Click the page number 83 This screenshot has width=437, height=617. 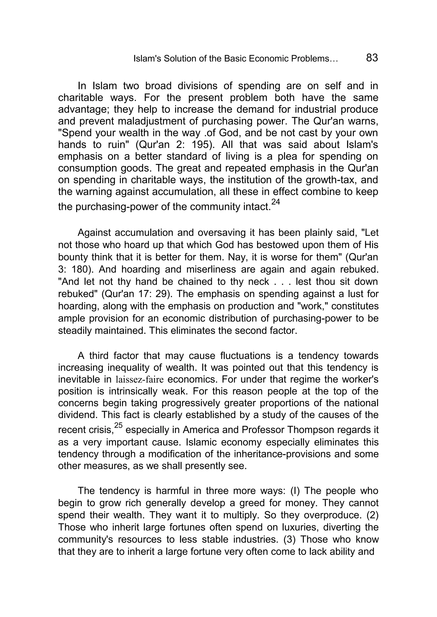pos(372,58)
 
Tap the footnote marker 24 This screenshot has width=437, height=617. pos(275,202)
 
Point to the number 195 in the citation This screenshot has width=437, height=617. pos(200,145)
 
